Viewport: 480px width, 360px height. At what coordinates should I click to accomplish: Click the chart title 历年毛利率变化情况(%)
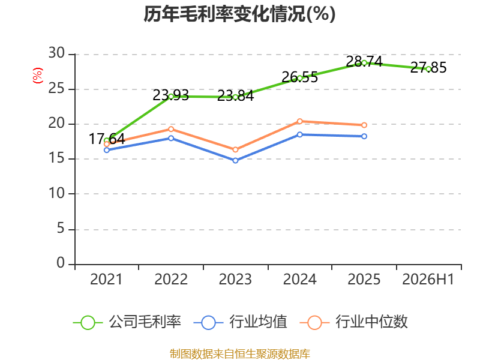239,14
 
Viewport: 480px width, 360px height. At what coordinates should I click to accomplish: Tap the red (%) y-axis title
38,76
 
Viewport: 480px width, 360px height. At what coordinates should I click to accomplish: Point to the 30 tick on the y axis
56,53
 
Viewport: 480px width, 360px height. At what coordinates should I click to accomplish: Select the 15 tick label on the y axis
56,158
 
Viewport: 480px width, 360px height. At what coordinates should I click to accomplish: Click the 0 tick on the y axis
61,263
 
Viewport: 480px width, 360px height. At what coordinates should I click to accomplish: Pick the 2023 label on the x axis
235,280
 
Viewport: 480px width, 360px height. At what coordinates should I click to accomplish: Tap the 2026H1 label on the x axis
428,280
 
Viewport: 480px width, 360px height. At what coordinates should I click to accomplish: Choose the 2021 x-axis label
106,280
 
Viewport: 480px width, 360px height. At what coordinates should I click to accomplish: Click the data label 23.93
171,95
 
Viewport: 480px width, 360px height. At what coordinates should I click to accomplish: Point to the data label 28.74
364,62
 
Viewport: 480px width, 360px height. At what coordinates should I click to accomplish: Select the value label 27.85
428,68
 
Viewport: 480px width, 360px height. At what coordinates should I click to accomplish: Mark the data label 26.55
299,77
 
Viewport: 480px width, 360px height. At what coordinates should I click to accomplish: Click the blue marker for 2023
235,161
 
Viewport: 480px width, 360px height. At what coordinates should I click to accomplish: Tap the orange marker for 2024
299,122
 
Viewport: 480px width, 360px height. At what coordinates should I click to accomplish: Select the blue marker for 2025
364,136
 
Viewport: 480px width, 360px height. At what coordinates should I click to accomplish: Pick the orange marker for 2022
171,130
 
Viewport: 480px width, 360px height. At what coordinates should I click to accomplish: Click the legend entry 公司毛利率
127,322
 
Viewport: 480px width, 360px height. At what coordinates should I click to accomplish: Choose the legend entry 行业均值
241,322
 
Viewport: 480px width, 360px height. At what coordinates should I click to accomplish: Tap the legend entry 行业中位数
353,322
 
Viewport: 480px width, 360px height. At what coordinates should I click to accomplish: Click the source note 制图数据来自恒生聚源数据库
239,354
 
